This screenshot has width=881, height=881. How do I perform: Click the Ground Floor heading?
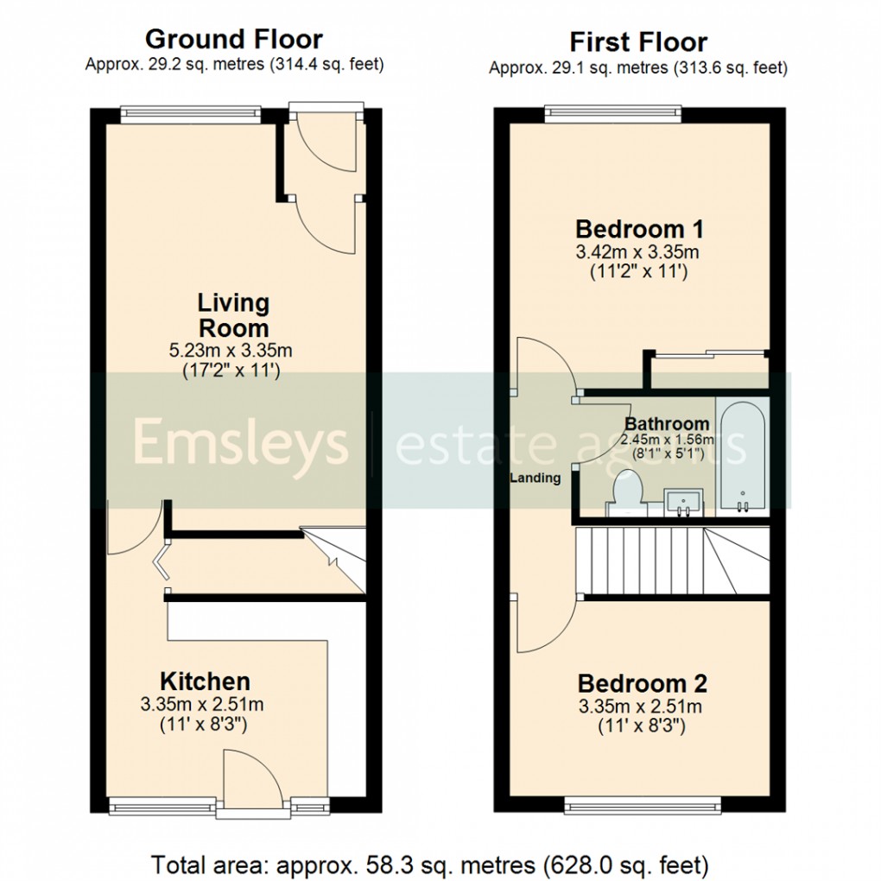point(233,39)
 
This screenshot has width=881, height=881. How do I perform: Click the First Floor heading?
point(637,41)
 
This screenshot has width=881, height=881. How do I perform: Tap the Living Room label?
point(233,315)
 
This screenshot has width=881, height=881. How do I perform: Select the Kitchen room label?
point(205,681)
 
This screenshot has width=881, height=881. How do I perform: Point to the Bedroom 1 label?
point(639,229)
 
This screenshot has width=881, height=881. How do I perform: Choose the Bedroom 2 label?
point(642,683)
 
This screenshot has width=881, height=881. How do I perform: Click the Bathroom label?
point(667,424)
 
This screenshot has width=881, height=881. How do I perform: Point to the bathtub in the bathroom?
point(742,458)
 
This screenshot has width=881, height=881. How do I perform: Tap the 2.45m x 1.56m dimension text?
point(669,439)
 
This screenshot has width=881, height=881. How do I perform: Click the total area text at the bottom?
point(430,864)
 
